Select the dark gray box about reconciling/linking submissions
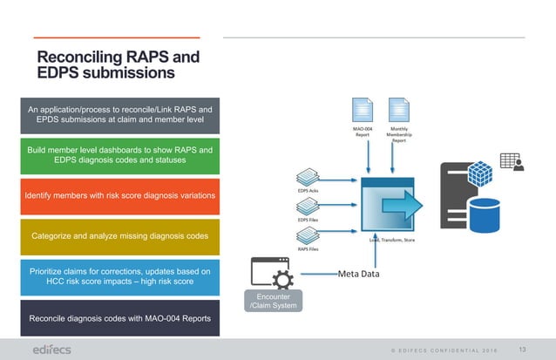pos(120,114)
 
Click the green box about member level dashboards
pos(120,155)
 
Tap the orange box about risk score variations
pos(120,195)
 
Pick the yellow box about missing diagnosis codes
pos(120,235)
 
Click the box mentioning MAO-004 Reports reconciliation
pos(120,318)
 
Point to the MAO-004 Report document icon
pos(363,112)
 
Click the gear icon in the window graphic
pos(282,278)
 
